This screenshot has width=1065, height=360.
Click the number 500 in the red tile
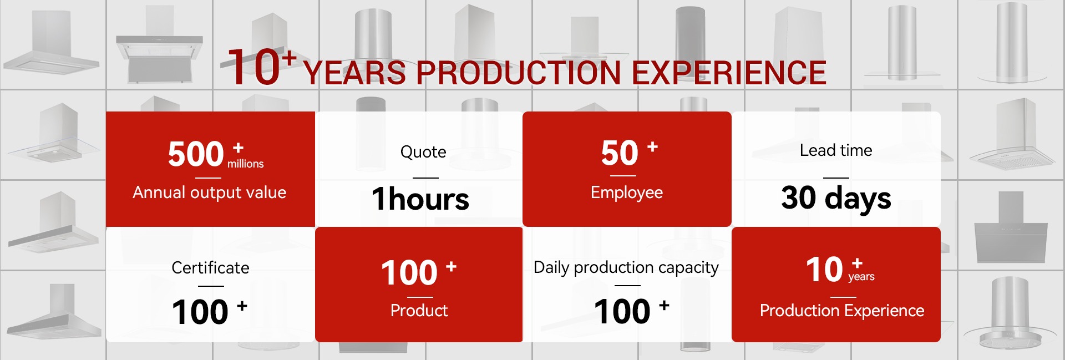[x=196, y=154]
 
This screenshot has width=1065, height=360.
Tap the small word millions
[x=245, y=164]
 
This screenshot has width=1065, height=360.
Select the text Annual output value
[x=210, y=192]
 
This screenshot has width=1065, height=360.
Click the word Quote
[x=423, y=152]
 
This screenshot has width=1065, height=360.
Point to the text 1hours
[x=420, y=199]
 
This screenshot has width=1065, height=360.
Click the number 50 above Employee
[x=620, y=153]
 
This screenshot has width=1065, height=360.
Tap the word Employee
[x=627, y=192]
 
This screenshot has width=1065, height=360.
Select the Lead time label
[x=836, y=150]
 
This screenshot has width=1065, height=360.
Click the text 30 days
[x=836, y=198]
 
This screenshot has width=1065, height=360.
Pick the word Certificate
[x=210, y=267]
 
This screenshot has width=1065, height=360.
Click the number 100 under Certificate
[x=200, y=312]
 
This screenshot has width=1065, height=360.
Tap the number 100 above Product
[x=409, y=273]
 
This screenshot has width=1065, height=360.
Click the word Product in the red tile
[x=419, y=310]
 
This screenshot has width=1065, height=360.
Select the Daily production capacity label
[x=626, y=268]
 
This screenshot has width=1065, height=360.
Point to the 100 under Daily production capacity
[x=622, y=311]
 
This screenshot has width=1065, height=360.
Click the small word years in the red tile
[x=861, y=277]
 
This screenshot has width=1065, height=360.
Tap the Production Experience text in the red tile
[x=842, y=311]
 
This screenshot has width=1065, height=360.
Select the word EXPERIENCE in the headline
[x=729, y=73]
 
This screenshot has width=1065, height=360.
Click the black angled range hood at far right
[x=1011, y=228]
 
